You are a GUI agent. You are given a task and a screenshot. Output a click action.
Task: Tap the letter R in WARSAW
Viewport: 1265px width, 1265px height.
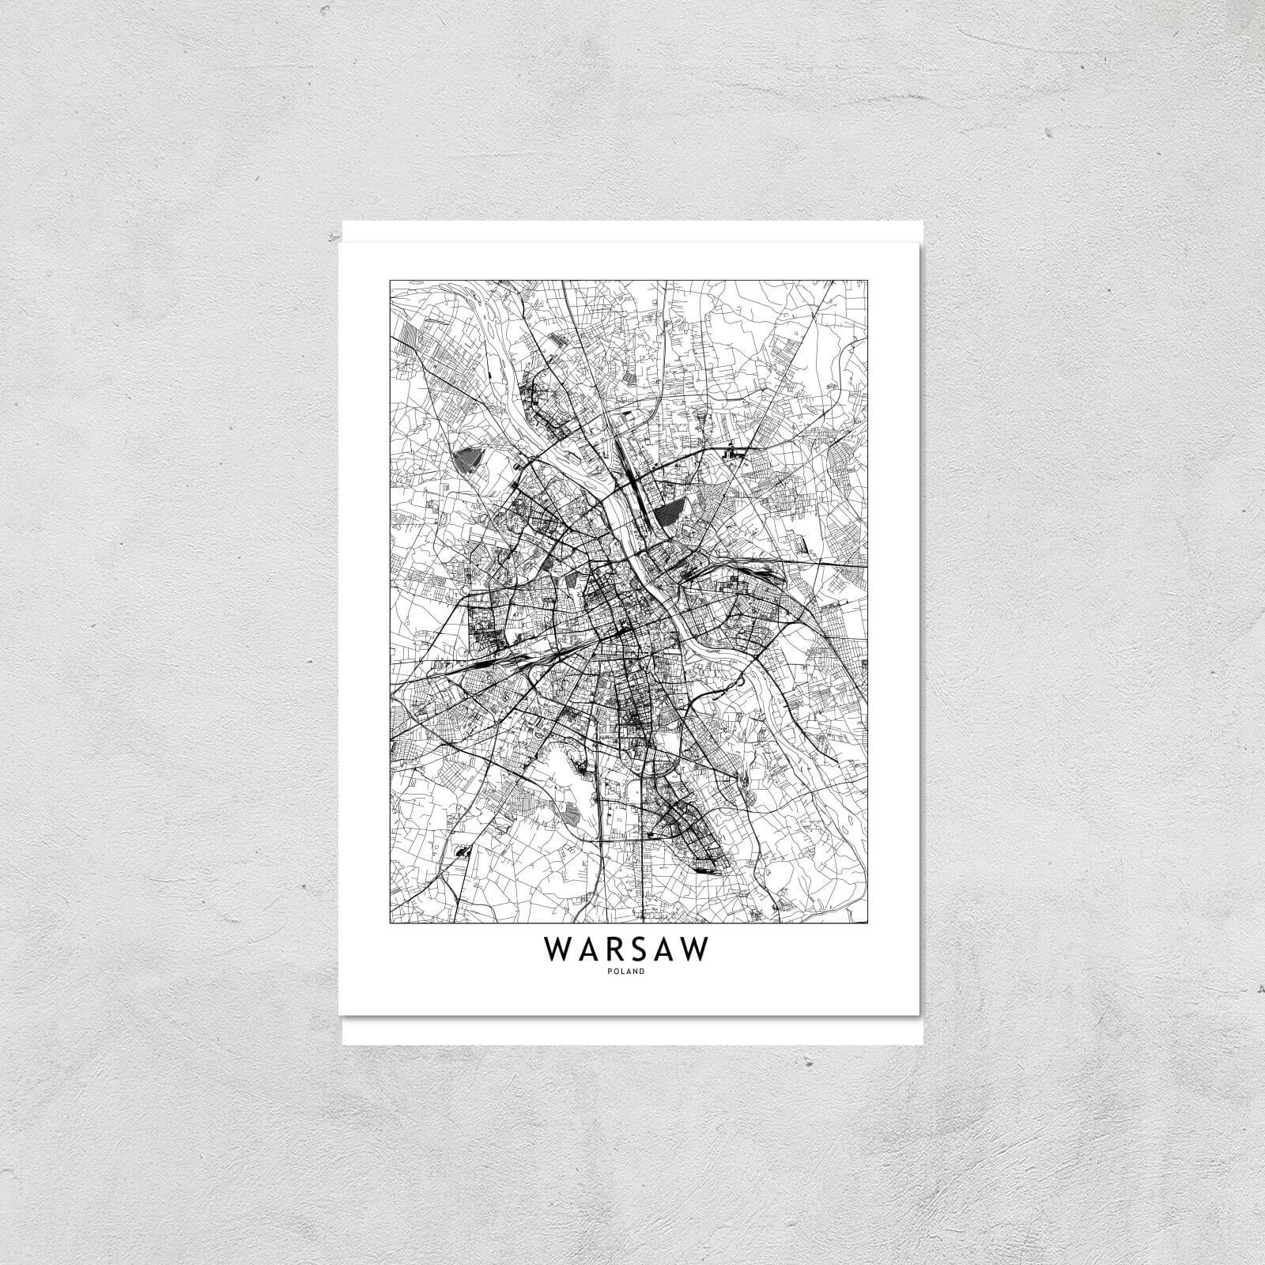[599, 950]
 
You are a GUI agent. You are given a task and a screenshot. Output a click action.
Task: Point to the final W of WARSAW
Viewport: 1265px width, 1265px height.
[693, 950]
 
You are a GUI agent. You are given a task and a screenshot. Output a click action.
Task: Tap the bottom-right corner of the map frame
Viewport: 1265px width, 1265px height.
[868, 923]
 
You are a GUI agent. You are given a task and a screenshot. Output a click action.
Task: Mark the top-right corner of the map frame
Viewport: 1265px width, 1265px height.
[868, 279]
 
